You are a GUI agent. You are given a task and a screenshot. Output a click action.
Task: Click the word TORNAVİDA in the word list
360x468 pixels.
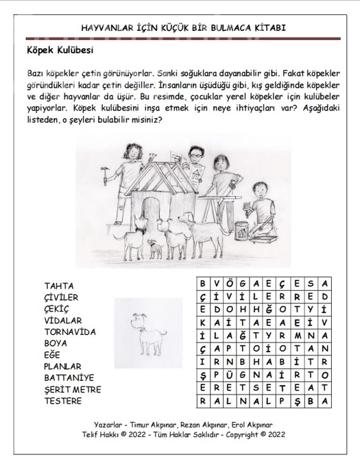[70, 332]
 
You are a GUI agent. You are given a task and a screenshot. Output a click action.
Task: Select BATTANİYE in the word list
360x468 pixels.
[69, 378]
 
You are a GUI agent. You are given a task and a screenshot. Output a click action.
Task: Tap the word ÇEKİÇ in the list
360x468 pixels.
[56, 309]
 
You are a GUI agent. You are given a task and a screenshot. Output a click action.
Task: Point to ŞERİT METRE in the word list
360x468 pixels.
[73, 390]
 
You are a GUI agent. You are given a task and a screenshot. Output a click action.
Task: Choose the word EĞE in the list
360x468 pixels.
[52, 355]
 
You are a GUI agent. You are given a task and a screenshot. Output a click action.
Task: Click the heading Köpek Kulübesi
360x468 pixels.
[60, 50]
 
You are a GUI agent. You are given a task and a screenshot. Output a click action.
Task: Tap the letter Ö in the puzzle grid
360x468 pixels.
[229, 283]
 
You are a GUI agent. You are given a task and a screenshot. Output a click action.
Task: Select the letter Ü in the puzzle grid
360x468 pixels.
[229, 375]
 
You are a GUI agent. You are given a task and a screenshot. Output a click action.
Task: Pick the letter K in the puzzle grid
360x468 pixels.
[202, 323]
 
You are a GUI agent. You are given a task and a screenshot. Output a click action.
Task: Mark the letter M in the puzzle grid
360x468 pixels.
[298, 336]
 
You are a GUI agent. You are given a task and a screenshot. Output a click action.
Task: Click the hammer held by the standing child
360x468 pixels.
[105, 175]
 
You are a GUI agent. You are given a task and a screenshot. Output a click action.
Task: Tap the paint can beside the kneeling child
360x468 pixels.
[241, 231]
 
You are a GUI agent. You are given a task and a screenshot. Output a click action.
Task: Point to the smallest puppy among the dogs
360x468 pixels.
[155, 248]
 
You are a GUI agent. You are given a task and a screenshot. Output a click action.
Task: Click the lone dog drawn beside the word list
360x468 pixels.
[148, 334]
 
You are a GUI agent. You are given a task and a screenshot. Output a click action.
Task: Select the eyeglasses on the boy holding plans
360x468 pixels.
[195, 155]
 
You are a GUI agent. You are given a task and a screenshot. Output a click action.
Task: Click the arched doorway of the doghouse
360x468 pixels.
[149, 214]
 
